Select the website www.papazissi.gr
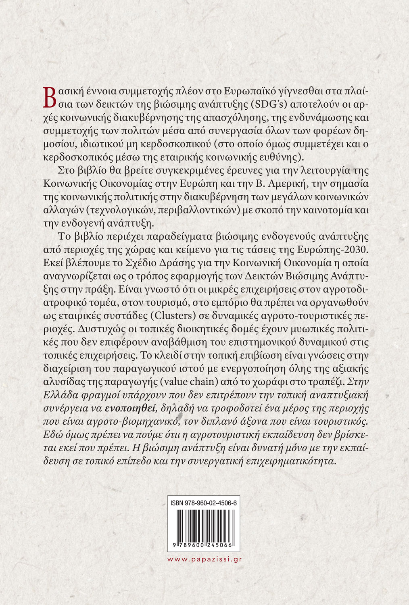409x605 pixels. (204, 559)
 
